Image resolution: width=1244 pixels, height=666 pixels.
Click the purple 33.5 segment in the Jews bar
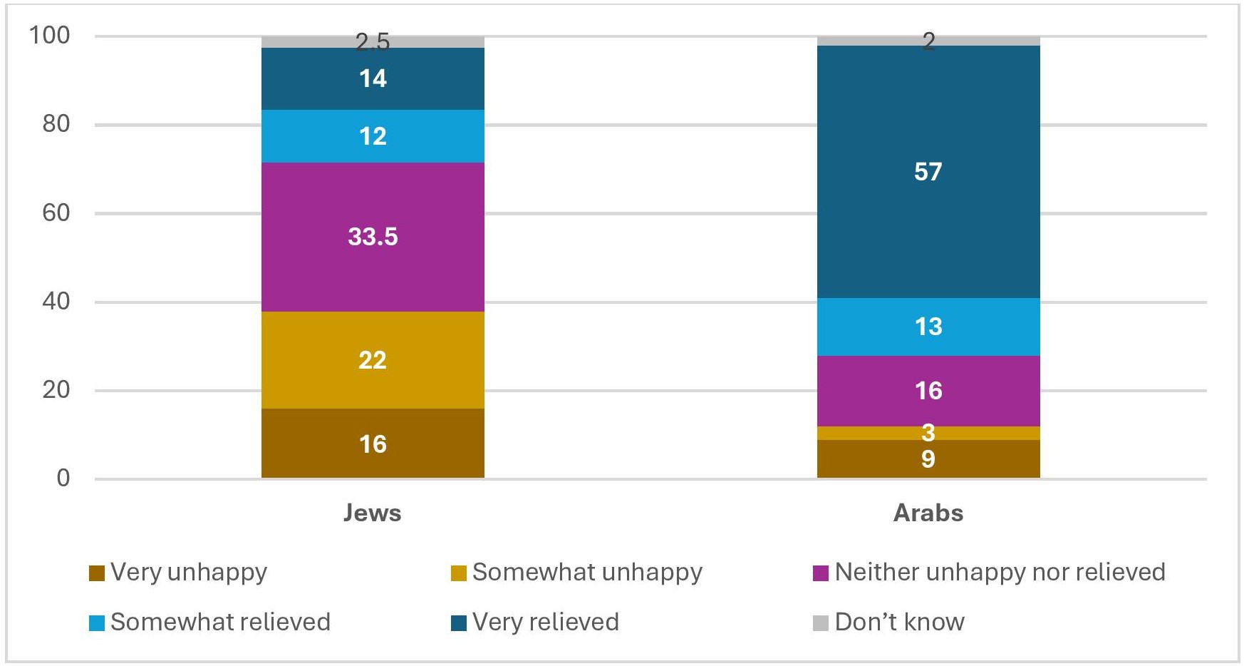pyautogui.click(x=372, y=237)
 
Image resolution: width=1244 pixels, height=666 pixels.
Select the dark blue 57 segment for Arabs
pyautogui.click(x=928, y=172)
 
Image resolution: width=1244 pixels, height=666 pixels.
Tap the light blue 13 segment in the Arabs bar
pyautogui.click(x=928, y=327)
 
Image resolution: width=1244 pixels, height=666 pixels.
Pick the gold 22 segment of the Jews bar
pyautogui.click(x=372, y=360)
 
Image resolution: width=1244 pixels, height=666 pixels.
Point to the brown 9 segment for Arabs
pyautogui.click(x=928, y=459)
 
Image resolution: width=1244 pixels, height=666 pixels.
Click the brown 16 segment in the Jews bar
pyautogui.click(x=372, y=444)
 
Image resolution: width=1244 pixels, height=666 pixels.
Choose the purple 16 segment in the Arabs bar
pyautogui.click(x=928, y=391)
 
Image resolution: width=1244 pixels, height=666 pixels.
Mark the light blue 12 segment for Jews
pyautogui.click(x=372, y=136)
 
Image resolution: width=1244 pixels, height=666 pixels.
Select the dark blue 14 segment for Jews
pyautogui.click(x=372, y=78)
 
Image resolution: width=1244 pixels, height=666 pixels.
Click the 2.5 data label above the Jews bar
pyautogui.click(x=373, y=42)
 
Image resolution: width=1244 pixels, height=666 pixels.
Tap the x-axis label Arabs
pyautogui.click(x=928, y=513)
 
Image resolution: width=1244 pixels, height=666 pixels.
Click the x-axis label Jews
pyautogui.click(x=372, y=513)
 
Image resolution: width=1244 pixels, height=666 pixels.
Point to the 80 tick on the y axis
pyautogui.click(x=56, y=124)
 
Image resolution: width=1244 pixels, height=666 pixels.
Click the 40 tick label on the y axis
pyautogui.click(x=56, y=301)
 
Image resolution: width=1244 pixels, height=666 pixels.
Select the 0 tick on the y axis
pyautogui.click(x=63, y=478)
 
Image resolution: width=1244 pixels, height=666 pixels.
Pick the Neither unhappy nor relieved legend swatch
pyautogui.click(x=821, y=573)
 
